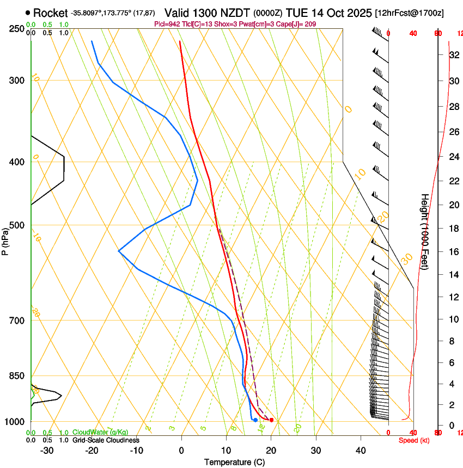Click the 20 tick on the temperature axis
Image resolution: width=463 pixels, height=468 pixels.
point(271,450)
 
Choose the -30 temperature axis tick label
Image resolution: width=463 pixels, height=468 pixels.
point(47,450)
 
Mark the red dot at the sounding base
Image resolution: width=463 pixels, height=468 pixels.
point(271,420)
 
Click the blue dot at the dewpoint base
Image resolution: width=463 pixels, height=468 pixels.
point(255,420)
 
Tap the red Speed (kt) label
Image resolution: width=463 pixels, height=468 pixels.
point(413,440)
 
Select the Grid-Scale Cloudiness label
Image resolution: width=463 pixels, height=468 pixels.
point(106,440)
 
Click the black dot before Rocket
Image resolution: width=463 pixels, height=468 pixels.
point(28,13)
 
